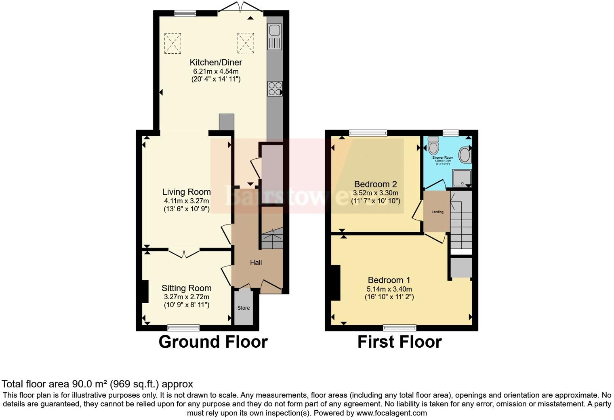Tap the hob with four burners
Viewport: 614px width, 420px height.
(275, 88)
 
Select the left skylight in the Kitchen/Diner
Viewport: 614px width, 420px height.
(172, 43)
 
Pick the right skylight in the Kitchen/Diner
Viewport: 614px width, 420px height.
(245, 43)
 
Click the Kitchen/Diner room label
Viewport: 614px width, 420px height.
(216, 62)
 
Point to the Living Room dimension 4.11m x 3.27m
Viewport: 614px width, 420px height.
(186, 201)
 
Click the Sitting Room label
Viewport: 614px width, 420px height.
(186, 288)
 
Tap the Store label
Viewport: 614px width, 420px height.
(244, 308)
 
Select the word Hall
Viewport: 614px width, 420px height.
(256, 262)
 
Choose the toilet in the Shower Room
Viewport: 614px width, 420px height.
(433, 145)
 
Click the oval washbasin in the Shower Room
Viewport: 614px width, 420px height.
(465, 154)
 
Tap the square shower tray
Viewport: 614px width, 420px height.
(462, 178)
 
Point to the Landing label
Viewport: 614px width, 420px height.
(437, 212)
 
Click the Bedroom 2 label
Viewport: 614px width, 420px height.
(375, 184)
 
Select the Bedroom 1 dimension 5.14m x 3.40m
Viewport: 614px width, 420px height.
(389, 289)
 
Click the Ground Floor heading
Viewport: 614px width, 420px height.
(213, 342)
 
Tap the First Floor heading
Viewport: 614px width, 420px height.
(399, 342)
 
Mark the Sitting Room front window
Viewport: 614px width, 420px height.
(183, 328)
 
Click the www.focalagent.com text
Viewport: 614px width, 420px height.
(391, 413)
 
